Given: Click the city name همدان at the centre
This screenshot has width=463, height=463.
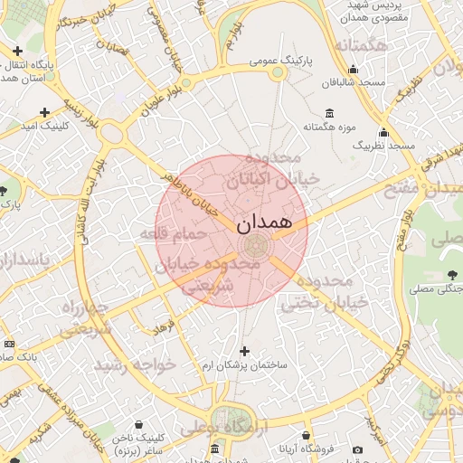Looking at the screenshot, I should click(263, 222).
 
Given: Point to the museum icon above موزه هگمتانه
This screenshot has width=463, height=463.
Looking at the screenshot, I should click(328, 113).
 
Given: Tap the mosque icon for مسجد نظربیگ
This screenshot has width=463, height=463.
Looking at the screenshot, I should click(383, 132).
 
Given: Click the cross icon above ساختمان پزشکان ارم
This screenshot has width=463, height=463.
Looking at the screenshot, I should click(243, 350).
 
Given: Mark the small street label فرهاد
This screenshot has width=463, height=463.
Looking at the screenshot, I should click(166, 325).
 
